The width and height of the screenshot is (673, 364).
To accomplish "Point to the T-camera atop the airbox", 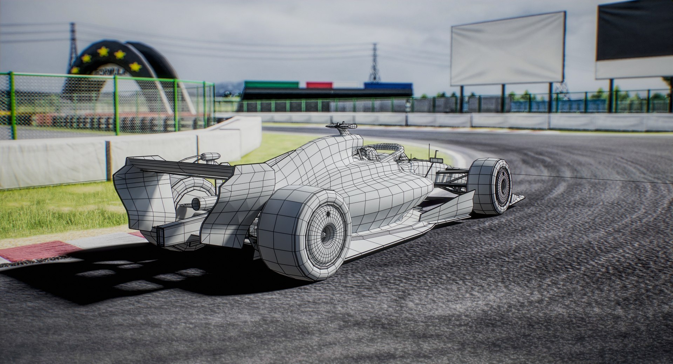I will [x=341, y=126].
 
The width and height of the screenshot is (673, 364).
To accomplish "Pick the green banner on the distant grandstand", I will [x=272, y=85].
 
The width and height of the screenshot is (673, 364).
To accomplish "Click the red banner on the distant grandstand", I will [x=319, y=85].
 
